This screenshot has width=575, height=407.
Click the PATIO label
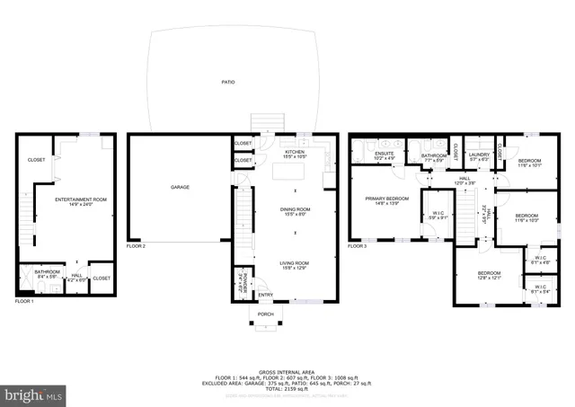[228, 82]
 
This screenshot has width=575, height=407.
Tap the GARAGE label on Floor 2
[181, 187]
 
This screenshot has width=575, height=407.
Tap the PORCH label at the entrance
[266, 314]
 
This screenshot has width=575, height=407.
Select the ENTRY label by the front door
[266, 295]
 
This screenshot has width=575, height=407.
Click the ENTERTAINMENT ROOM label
[81, 200]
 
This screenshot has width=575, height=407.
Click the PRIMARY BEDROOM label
[386, 199]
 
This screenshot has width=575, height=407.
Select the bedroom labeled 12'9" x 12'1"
[489, 274]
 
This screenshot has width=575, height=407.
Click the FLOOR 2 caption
[136, 245]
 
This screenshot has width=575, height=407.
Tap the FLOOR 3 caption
[358, 245]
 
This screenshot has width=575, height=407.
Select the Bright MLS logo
[34, 394]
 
